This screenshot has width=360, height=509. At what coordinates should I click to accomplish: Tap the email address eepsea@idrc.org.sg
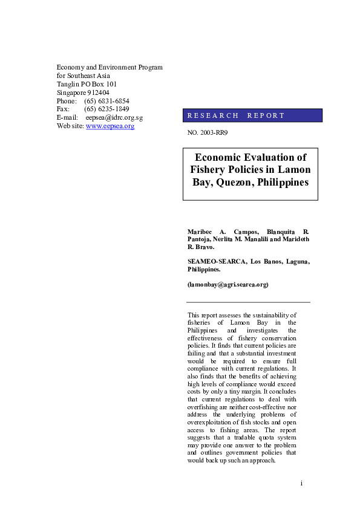(x=114, y=117)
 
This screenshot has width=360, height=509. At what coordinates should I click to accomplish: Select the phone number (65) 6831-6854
(x=106, y=101)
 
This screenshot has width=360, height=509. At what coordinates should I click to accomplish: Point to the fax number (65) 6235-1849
(x=106, y=109)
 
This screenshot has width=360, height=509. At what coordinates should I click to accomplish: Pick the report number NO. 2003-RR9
(x=208, y=132)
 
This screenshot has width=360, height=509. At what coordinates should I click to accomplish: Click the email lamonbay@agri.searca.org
(x=228, y=284)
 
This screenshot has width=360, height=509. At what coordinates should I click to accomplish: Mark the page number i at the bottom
(x=301, y=484)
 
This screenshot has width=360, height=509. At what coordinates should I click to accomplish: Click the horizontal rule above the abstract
(x=248, y=302)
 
